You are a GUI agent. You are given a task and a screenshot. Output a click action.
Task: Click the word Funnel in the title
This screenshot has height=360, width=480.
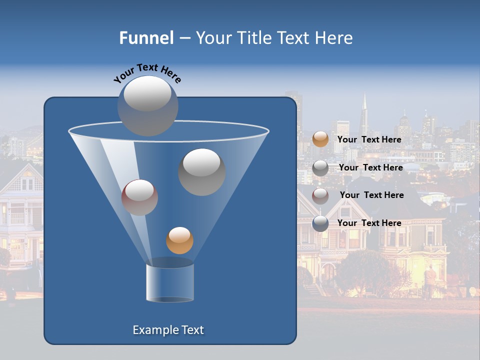coord(146,37)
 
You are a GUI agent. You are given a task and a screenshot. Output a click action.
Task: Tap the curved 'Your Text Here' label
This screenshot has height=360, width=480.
coord(147,72)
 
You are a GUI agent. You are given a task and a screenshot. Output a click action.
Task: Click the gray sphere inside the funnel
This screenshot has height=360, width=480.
coord(201,171)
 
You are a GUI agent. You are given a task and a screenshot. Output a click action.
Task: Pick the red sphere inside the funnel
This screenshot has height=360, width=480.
coord(139,197)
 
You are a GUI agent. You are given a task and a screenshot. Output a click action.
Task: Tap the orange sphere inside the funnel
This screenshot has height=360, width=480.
coord(179,240)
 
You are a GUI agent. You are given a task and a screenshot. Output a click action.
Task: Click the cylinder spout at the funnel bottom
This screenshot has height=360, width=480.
coord(169,282)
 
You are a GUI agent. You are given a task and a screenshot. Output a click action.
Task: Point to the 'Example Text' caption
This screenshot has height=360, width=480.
coord(168,330)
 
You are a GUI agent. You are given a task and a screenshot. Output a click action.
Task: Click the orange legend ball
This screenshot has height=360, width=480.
coord(320,139)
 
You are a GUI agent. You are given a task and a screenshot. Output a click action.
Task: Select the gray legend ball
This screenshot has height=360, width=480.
coord(320,168)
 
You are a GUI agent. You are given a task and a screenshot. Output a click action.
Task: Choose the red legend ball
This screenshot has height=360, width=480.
coord(320,195)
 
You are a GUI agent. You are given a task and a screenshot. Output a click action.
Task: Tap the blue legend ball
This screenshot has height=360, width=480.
coord(320,223)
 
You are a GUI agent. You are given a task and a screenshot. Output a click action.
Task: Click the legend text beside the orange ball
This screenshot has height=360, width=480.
coord(369,139)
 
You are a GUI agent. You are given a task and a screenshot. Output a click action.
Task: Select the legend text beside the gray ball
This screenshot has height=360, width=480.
coord(370,167)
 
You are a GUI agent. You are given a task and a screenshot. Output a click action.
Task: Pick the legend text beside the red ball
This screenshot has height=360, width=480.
coord(371,195)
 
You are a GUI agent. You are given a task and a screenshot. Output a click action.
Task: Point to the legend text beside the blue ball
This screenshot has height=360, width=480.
coord(369,223)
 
